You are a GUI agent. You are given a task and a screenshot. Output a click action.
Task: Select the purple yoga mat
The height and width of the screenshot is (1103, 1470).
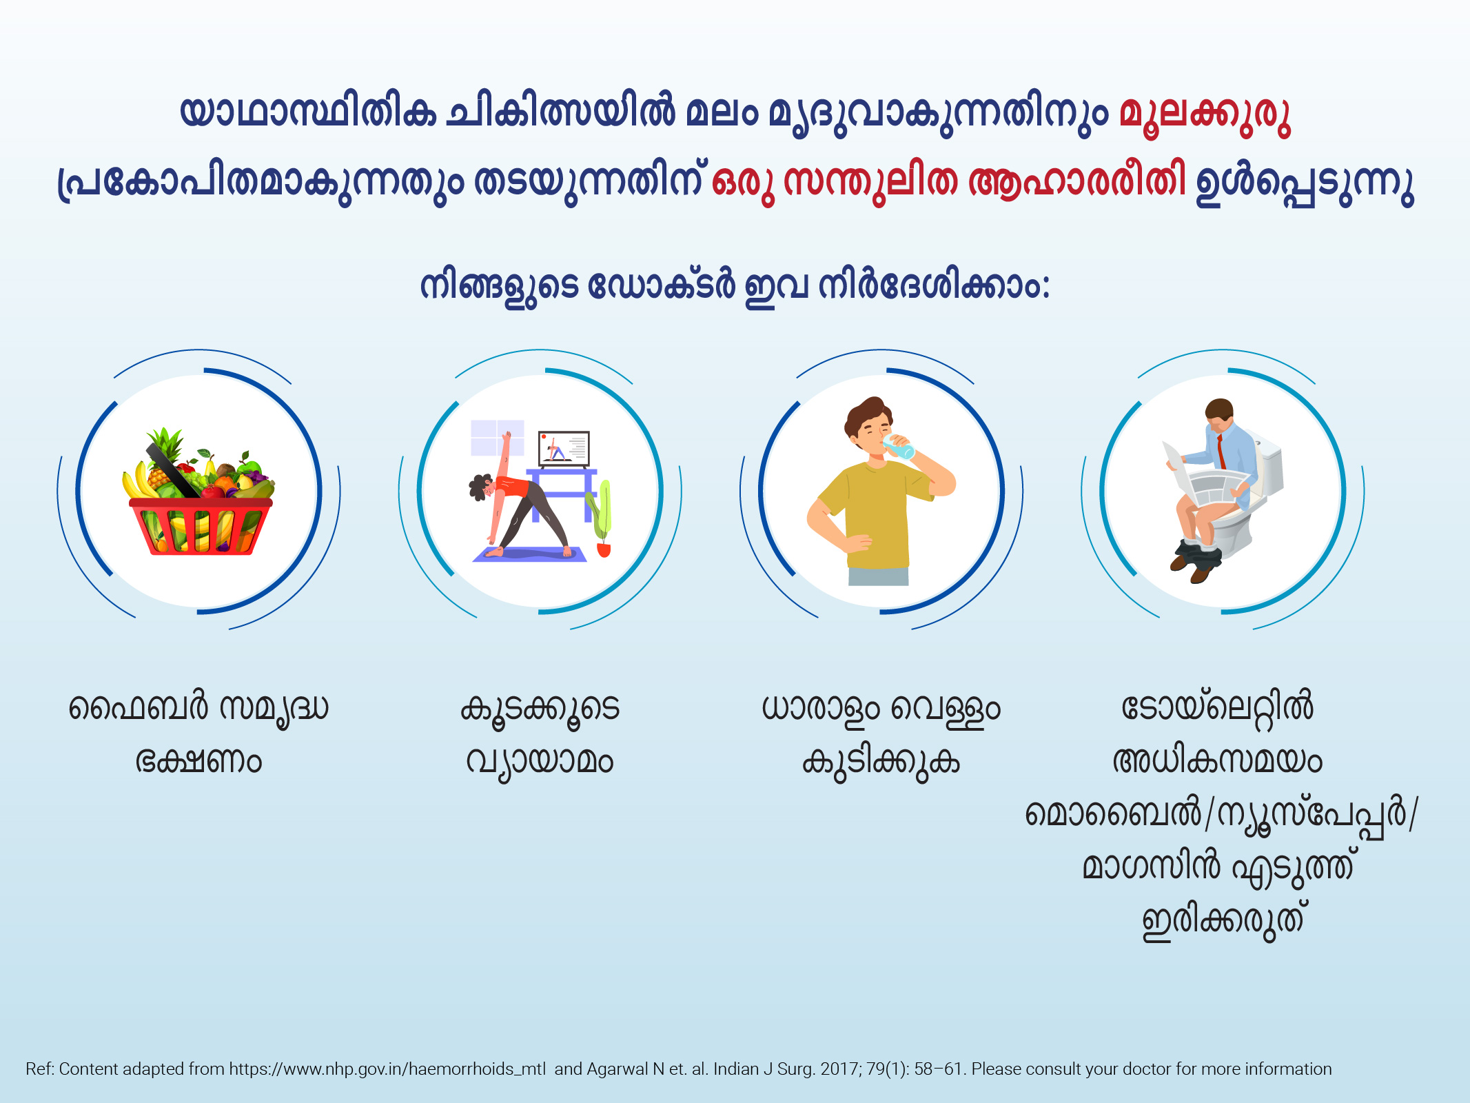point(529,554)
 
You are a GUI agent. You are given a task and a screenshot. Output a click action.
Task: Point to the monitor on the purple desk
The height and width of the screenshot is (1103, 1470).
point(564,449)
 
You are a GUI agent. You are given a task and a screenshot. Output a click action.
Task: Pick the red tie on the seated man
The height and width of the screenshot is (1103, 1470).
point(1221,451)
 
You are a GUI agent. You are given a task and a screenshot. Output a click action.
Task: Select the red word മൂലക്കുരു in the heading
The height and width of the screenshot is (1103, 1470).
point(1205,115)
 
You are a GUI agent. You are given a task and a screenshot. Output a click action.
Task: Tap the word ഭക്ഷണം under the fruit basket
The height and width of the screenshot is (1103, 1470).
point(198,761)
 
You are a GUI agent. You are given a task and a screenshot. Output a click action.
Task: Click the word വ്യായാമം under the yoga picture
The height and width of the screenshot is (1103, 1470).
point(540,763)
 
